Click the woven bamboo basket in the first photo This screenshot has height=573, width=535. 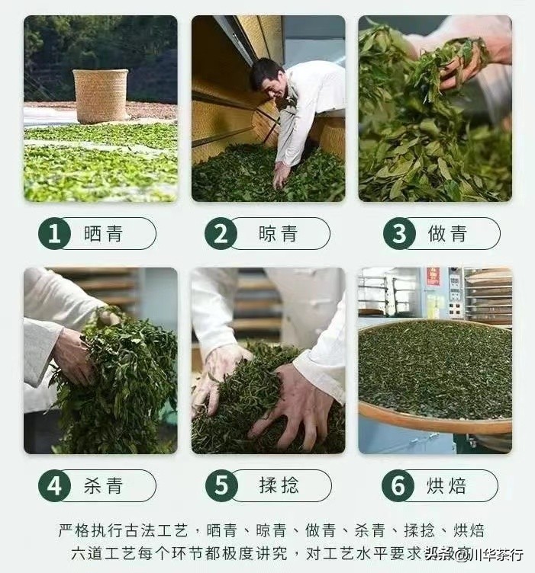pos(101,95)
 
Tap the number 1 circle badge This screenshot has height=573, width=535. pos(54,234)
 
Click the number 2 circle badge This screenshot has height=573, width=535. pos(221,234)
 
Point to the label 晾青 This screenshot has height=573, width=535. pos(279,234)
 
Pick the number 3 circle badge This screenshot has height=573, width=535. pos(398,234)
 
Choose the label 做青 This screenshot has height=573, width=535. pos(448,234)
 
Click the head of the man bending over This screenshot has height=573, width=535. pos(268,80)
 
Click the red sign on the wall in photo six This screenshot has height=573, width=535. pos(433,277)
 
